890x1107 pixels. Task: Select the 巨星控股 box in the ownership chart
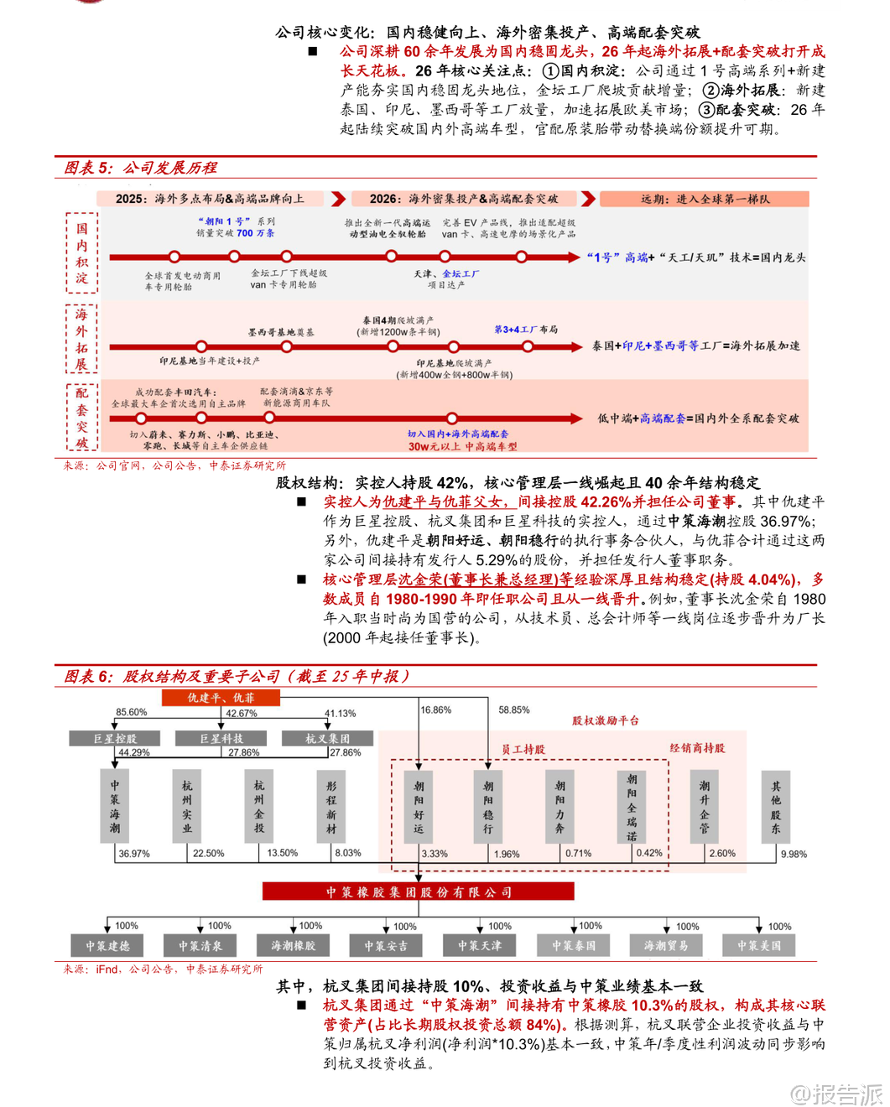point(115,738)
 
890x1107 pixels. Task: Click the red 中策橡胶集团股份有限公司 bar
point(419,891)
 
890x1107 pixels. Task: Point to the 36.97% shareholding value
point(134,854)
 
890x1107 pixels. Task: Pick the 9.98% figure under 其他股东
point(794,854)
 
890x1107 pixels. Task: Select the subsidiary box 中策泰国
point(574,946)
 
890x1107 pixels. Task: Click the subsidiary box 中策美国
point(759,946)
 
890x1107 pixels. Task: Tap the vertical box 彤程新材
point(331,806)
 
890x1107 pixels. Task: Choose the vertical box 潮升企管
point(705,806)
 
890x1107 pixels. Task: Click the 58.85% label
point(514,709)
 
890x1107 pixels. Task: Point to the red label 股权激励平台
point(606,720)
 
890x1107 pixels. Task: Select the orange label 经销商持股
point(697,748)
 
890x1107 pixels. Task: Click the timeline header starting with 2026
point(463,199)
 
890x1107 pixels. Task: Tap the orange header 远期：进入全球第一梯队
point(705,199)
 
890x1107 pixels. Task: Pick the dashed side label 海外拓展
point(81,339)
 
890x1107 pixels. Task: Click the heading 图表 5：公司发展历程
point(140,168)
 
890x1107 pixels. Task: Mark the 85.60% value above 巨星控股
point(132,712)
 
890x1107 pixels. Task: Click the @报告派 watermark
point(836,1094)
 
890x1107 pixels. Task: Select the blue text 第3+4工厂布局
point(526,330)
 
